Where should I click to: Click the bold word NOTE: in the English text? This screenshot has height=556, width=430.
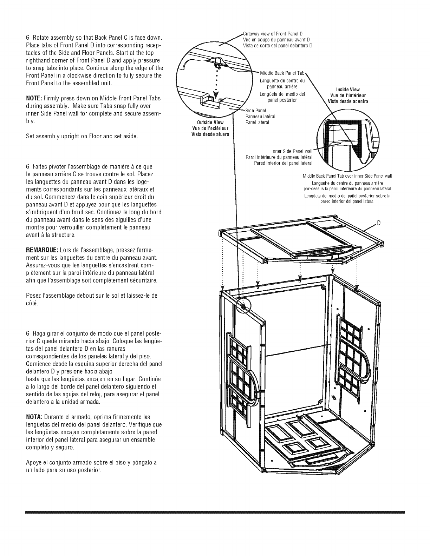34,99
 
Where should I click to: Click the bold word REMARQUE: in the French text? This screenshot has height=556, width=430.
43,250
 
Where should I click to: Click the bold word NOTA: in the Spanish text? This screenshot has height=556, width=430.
34,417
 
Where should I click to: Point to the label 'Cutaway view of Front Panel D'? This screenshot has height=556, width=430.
273,34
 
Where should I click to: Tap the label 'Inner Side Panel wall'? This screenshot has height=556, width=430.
292,151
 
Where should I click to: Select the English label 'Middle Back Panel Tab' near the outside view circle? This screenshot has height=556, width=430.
282,73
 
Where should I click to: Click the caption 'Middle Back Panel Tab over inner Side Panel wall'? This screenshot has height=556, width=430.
347,176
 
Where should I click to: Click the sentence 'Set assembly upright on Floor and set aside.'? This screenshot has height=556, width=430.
82,136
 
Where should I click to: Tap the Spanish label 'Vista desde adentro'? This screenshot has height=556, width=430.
348,101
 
